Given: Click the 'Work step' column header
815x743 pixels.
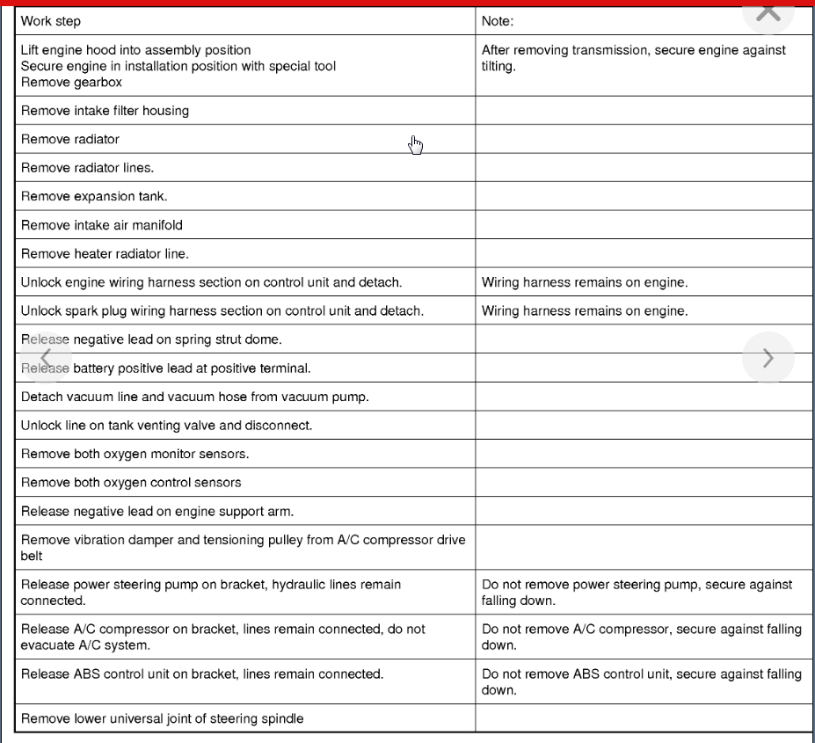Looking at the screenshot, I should click(x=51, y=21).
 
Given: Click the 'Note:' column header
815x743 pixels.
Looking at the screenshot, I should click(x=498, y=21).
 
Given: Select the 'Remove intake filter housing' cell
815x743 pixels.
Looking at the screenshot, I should click(x=105, y=111).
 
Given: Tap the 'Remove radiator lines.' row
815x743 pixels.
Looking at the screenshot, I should click(x=87, y=168).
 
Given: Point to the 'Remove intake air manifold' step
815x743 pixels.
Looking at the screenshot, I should click(x=102, y=225).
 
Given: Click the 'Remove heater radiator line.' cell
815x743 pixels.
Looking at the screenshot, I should click(x=105, y=254).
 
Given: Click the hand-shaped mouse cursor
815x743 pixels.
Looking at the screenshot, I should click(x=416, y=145).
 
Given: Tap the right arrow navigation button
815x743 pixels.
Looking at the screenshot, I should click(x=768, y=358).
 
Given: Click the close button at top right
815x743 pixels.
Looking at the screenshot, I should click(x=768, y=11).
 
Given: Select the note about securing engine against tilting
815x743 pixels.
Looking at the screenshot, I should click(x=633, y=58).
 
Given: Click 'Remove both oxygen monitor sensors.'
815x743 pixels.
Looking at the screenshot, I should click(x=135, y=454).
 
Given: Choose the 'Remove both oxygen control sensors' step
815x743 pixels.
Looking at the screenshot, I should click(x=131, y=483).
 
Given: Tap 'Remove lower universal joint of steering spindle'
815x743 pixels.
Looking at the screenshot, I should click(x=162, y=718).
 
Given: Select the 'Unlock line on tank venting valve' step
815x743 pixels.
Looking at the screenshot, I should click(x=166, y=426).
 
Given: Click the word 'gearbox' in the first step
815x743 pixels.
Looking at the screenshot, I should click(x=97, y=83).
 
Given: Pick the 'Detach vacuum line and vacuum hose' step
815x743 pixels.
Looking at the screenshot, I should click(x=194, y=397).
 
